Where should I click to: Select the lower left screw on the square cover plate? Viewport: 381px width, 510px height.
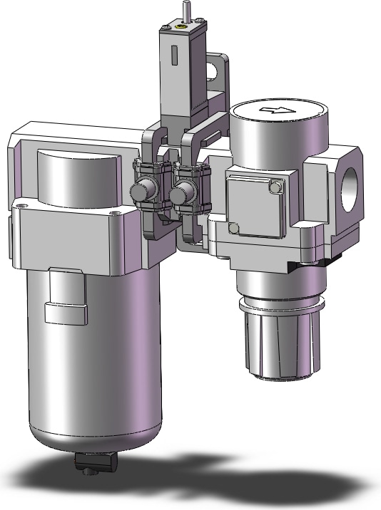(x=233, y=228)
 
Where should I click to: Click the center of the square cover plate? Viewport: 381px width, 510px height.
(x=253, y=207)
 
